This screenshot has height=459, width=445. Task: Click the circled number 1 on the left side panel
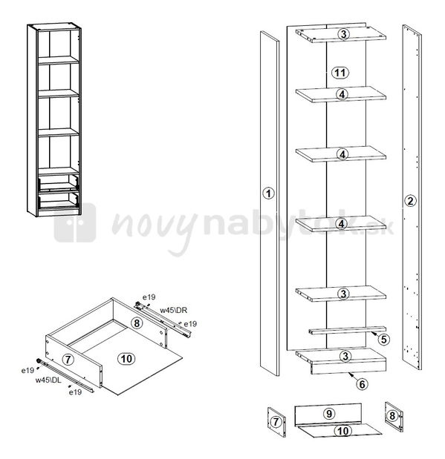tap(268, 194)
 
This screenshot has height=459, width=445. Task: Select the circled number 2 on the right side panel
tap(410, 201)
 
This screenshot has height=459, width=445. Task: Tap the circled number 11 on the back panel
tap(340, 73)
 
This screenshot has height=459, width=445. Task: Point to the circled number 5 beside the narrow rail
tap(383, 339)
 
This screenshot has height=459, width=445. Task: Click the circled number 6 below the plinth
tap(362, 384)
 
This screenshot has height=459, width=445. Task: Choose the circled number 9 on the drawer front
tap(329, 414)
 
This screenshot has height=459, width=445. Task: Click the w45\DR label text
tap(174, 310)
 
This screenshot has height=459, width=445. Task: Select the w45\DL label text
tap(48, 380)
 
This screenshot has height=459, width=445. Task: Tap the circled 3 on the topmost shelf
tap(343, 34)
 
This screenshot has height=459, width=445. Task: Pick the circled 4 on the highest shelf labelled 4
tap(342, 94)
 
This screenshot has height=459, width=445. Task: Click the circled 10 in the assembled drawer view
tap(126, 359)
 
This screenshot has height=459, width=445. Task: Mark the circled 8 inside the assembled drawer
tap(137, 323)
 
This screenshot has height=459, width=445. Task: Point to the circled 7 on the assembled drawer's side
tap(68, 359)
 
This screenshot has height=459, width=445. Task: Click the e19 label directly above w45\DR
tap(149, 297)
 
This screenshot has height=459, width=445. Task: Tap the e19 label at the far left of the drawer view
tap(27, 370)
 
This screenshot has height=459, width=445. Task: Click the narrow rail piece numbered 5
tap(347, 330)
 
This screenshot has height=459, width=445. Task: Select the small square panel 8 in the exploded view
tap(394, 417)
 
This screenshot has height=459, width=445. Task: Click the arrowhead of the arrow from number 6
tap(350, 374)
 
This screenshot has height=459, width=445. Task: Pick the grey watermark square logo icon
tap(75, 222)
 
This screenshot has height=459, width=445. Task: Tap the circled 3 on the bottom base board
tap(345, 356)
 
